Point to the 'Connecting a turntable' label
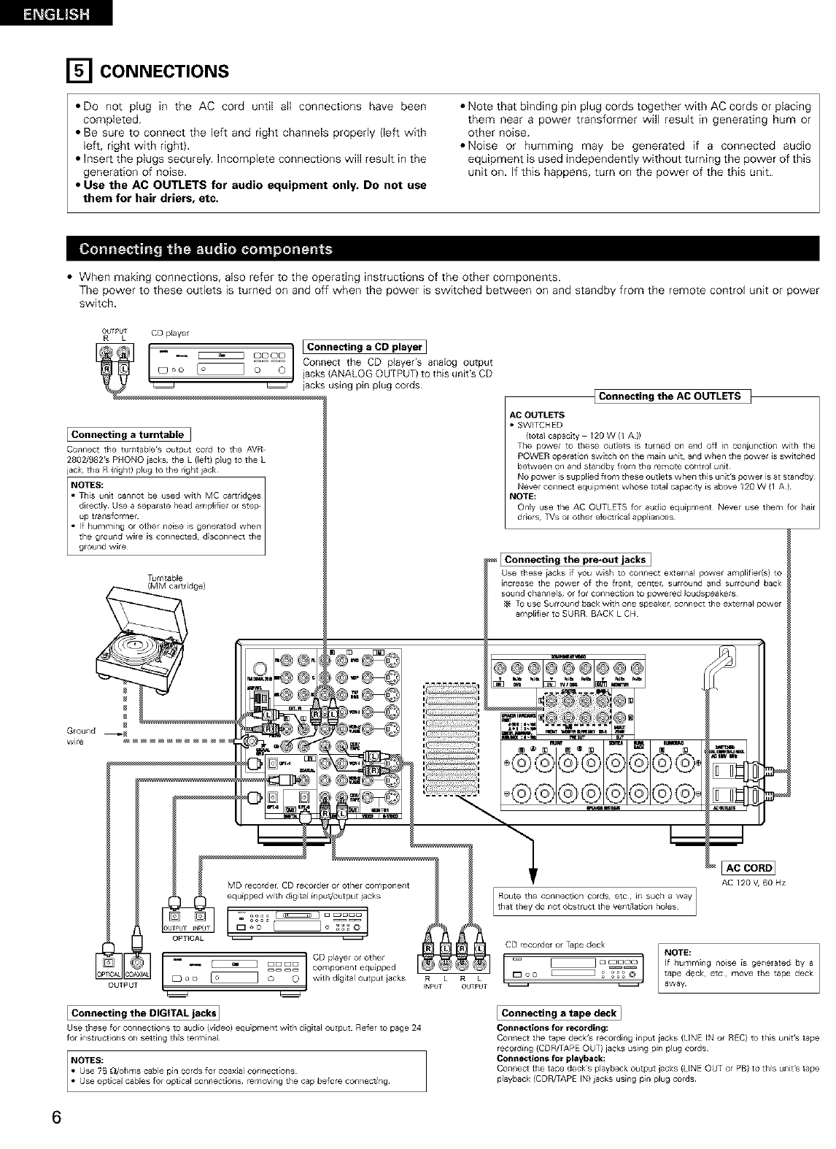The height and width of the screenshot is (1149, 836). [128, 435]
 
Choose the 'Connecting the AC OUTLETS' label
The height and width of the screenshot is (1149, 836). [669, 396]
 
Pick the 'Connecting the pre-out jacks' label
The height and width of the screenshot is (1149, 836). [576, 559]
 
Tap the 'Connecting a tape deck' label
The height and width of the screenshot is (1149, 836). [559, 1012]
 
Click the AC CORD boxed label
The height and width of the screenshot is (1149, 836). [747, 868]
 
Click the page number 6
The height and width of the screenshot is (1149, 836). [56, 1118]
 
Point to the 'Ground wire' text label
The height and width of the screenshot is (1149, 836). [80, 735]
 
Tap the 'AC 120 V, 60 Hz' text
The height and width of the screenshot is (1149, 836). [753, 883]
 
